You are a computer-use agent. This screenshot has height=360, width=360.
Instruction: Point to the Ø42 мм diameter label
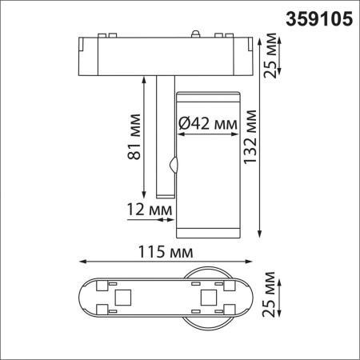208,124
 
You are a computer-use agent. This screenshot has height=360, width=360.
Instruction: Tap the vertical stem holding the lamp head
164,136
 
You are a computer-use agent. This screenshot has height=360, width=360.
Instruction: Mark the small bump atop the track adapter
194,34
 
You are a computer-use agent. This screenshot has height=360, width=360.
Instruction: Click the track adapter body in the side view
168,54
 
